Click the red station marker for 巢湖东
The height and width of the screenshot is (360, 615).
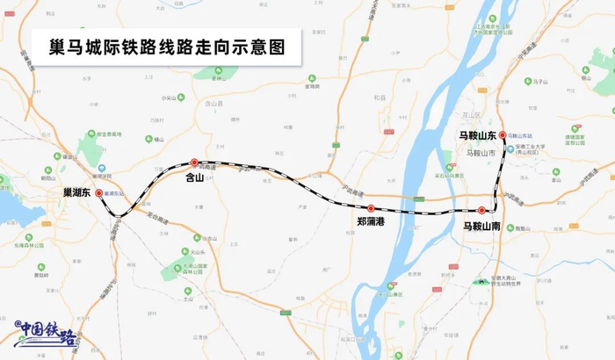(99, 193)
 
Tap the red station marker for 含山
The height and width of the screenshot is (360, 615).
(194, 162)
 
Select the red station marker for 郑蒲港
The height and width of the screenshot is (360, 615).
(372, 208)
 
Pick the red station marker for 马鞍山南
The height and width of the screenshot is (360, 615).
(482, 210)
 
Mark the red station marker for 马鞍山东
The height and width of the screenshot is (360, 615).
(502, 136)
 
